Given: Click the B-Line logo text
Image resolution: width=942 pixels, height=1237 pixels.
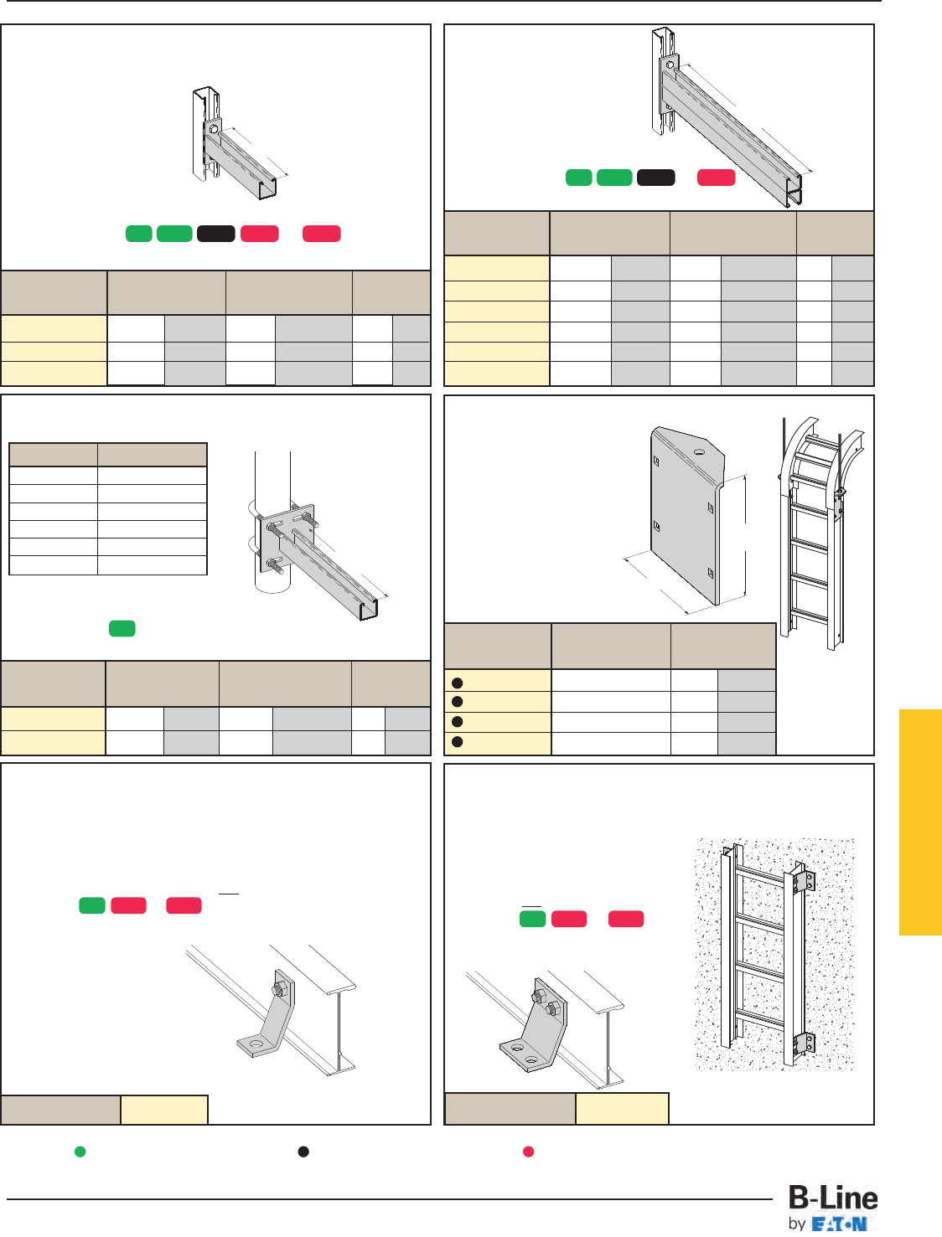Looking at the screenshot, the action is coord(833,1198).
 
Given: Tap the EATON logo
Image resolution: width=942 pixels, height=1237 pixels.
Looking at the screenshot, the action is coord(839,1224).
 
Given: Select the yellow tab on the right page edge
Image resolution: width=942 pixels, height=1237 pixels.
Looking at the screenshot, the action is coord(920,822).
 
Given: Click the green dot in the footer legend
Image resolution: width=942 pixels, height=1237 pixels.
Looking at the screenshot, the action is coord(80,1152).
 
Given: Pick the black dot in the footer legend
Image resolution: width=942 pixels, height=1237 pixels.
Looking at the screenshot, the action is coord(303,1152).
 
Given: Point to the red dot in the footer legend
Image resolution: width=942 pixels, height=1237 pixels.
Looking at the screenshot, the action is coord(528,1152).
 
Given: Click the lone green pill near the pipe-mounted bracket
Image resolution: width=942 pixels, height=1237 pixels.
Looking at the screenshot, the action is coord(122,628).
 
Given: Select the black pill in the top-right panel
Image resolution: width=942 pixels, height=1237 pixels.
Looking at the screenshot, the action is coord(655,178).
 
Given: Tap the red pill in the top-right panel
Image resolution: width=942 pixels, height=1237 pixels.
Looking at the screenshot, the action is coord(716,178).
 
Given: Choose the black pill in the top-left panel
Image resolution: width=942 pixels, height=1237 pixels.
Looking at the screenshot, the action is coord(216,234).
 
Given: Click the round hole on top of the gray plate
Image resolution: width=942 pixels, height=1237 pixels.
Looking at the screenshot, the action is coord(699,452).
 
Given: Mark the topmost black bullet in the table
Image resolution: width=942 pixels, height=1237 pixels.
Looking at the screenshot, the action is coord(458,683).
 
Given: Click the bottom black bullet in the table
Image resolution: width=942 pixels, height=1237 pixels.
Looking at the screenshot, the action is coord(458,742).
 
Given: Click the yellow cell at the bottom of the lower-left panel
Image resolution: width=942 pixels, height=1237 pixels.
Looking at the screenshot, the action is coord(164,1110).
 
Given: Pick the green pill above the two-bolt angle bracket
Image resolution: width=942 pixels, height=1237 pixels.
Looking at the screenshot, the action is coord(532,919).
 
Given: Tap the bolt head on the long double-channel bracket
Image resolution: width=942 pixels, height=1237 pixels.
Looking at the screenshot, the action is coord(670,65).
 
